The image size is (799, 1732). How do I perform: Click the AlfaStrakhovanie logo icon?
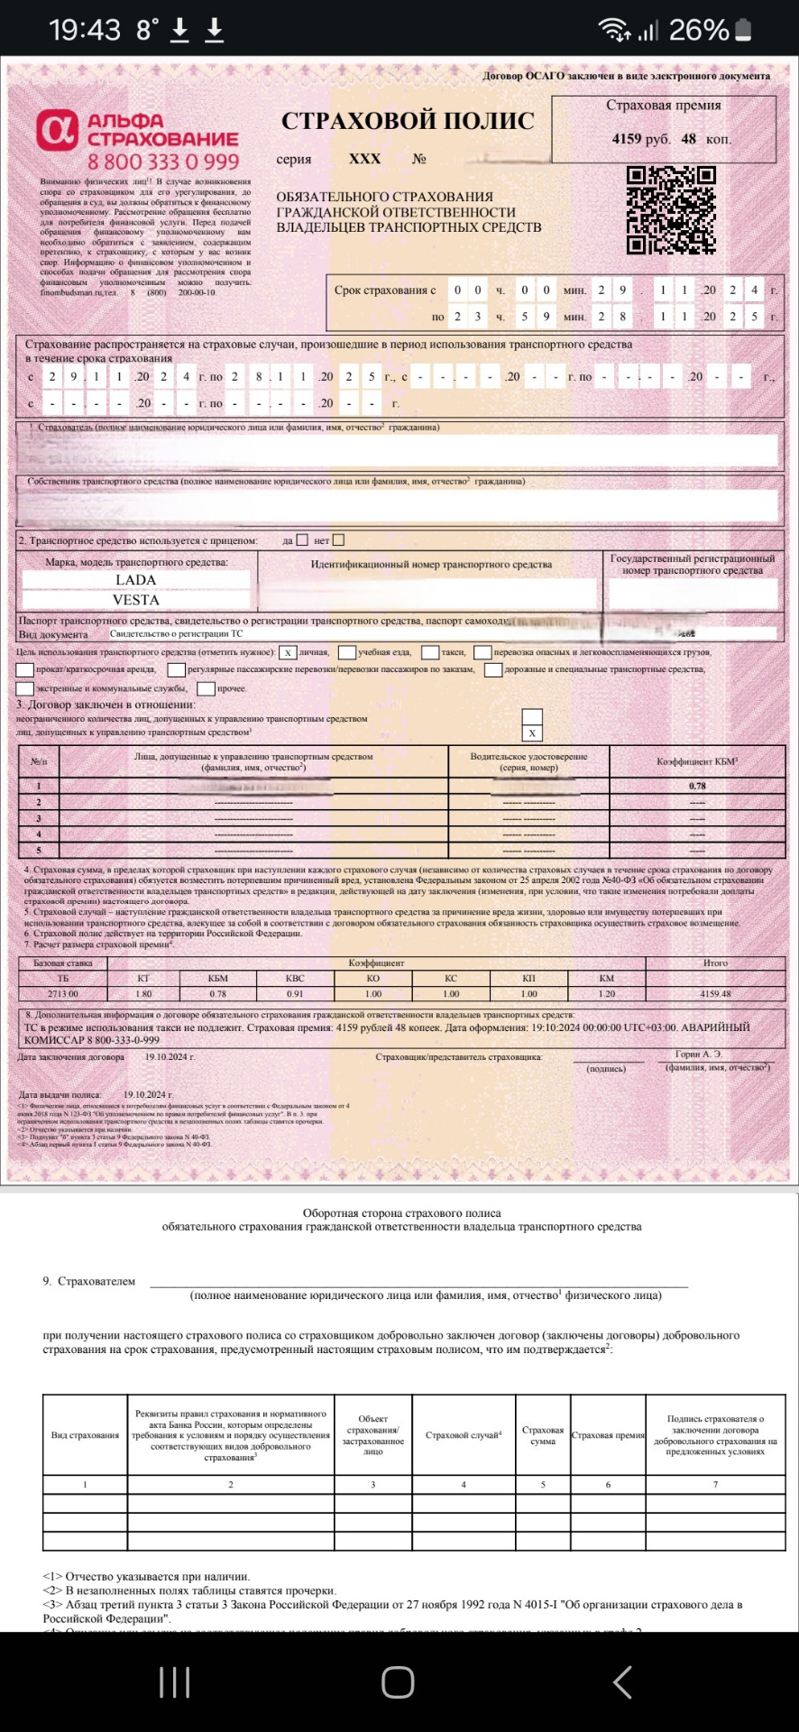point(58,132)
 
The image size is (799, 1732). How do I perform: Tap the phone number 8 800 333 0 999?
point(163,162)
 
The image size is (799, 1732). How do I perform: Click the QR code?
point(671,209)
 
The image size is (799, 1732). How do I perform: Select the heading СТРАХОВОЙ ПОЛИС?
point(408,121)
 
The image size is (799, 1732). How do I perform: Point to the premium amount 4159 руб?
point(639,139)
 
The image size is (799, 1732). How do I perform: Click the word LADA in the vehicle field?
point(135,580)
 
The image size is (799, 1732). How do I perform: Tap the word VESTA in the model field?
point(135,600)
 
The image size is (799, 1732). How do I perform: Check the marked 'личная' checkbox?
point(287,652)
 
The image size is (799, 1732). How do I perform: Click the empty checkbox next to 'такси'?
point(430,652)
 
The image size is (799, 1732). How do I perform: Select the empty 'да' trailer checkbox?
point(302,540)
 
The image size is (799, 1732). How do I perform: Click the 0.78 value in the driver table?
point(697,786)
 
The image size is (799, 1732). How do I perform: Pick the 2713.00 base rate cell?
point(62,993)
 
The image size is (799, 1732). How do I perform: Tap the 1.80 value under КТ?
point(143,993)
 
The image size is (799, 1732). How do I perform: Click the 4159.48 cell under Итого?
point(715,993)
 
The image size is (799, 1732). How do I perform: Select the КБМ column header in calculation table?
point(218,978)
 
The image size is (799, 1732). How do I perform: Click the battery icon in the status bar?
point(744,30)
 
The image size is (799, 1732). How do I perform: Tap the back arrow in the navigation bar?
point(622,1682)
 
